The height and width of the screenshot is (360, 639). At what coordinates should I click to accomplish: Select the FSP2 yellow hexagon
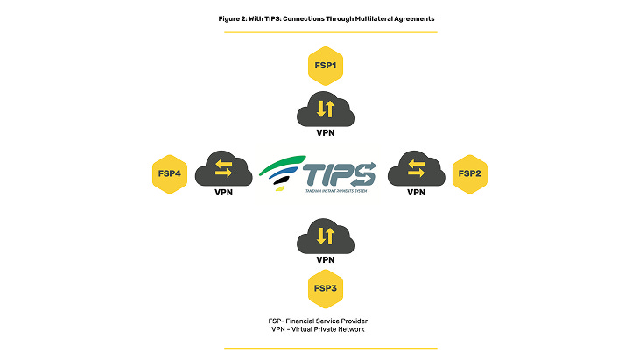(x=469, y=173)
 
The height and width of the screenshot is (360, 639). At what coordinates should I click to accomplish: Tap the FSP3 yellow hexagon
(x=325, y=287)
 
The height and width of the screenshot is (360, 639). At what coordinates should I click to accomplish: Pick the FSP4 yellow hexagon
(x=169, y=173)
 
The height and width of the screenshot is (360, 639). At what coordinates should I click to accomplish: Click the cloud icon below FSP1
(x=325, y=109)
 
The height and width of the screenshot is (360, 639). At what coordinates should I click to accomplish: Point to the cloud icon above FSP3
(x=325, y=235)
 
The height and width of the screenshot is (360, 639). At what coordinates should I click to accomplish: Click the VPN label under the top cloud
(x=325, y=134)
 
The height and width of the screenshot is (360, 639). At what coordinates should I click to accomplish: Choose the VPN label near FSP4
(x=224, y=192)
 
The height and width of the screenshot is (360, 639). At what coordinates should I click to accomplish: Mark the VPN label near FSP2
(x=417, y=192)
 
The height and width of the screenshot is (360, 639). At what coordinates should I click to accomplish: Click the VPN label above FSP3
(x=325, y=260)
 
